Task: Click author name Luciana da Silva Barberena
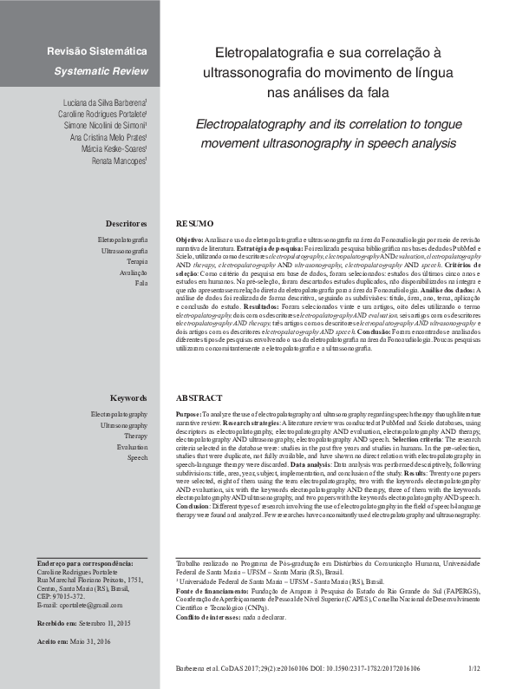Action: [x=101, y=102]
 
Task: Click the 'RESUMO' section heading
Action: [x=194, y=223]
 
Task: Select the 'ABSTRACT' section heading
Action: [x=199, y=398]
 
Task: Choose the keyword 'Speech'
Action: [x=137, y=457]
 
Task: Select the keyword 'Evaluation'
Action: [x=131, y=446]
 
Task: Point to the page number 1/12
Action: [x=474, y=669]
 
